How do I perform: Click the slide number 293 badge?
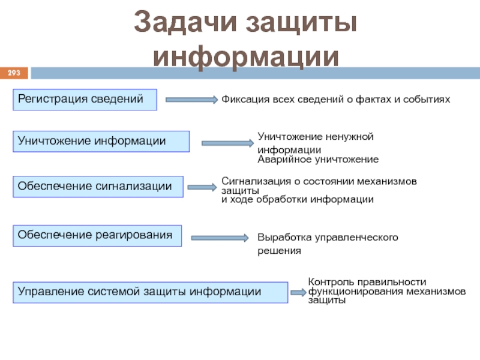(x=13, y=73)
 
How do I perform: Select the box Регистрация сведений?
(x=85, y=100)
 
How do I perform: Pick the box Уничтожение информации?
(x=101, y=141)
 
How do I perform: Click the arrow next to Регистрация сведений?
(x=191, y=100)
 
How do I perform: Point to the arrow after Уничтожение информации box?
(x=227, y=143)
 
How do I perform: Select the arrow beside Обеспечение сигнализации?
(x=202, y=188)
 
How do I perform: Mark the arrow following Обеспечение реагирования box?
(x=219, y=238)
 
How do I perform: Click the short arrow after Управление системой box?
(x=298, y=292)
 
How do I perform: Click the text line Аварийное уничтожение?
(x=318, y=160)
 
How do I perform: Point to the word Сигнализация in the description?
(x=253, y=181)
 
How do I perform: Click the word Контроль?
(x=329, y=281)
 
